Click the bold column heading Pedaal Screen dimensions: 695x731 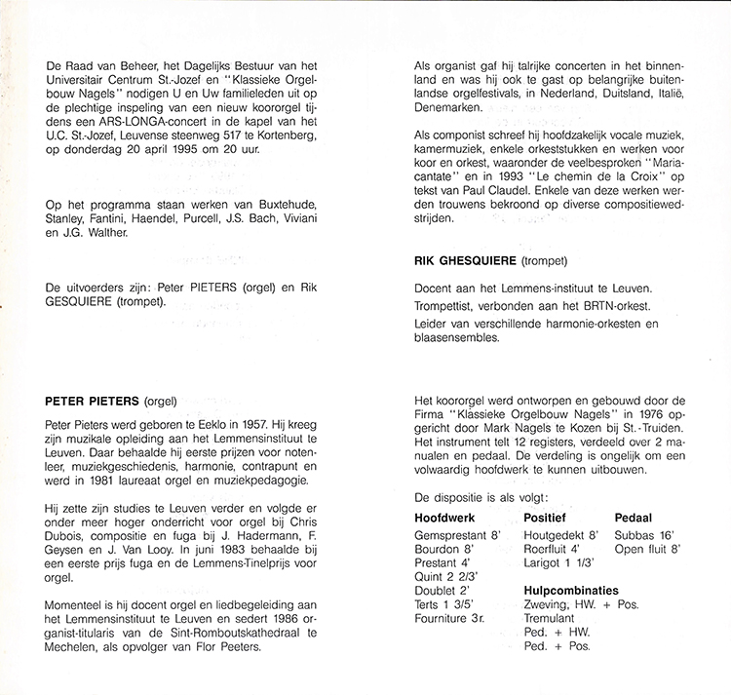[x=634, y=517]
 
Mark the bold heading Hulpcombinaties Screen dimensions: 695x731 [x=571, y=591]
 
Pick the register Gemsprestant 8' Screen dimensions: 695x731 [x=457, y=535]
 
